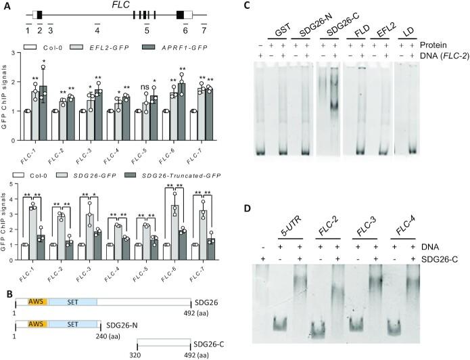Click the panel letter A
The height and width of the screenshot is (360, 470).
coord(5,5)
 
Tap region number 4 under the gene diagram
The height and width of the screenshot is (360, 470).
coord(97,30)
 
